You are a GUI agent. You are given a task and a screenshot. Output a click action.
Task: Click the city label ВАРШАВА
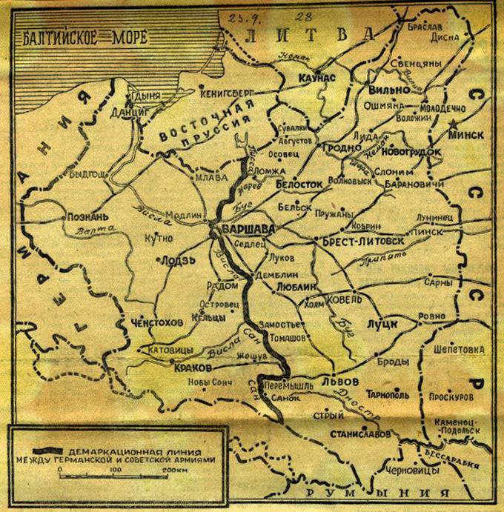click(x=248, y=230)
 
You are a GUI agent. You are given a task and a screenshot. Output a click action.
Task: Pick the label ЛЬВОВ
click(x=341, y=381)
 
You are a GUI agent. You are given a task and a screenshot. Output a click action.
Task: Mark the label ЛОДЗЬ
click(x=176, y=260)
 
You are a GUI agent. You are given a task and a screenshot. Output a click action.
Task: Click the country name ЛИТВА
click(x=311, y=34)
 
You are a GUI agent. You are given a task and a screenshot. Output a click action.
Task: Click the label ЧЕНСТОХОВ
click(x=156, y=322)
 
